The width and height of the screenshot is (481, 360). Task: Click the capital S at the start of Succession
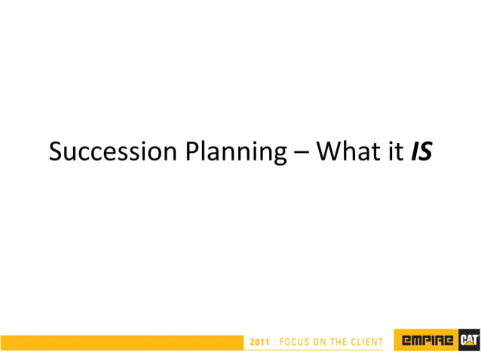click(55, 152)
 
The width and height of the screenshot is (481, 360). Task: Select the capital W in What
click(326, 152)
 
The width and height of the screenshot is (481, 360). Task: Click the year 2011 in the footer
click(259, 343)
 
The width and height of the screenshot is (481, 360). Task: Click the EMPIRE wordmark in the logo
click(427, 342)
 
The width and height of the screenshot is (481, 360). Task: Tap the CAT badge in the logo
click(469, 342)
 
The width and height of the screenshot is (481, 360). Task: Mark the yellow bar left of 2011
click(121, 343)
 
